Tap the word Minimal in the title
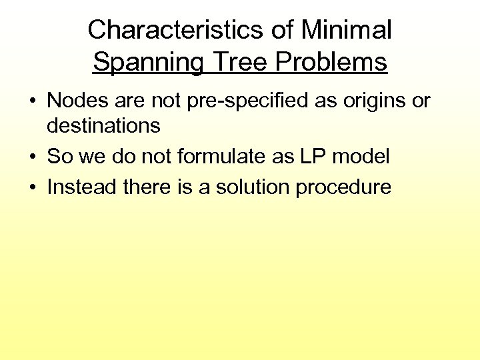(x=346, y=30)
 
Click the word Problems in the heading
(x=331, y=62)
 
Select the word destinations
(x=103, y=125)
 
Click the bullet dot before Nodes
(x=32, y=101)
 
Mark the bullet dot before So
(x=32, y=157)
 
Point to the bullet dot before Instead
(x=32, y=187)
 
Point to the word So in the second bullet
(x=59, y=157)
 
